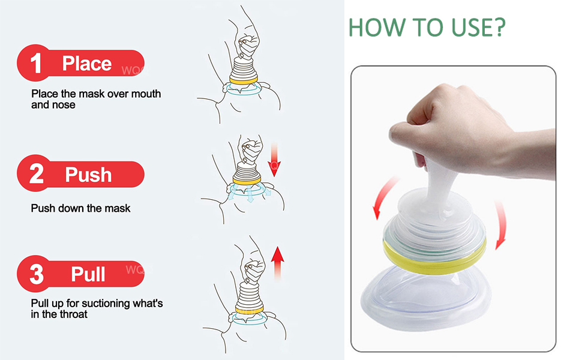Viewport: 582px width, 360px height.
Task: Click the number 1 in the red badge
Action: coord(36,64)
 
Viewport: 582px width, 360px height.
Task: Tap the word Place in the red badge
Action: coord(87,64)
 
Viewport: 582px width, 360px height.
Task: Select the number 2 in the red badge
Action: coord(37,174)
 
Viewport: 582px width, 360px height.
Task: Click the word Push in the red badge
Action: coord(88,175)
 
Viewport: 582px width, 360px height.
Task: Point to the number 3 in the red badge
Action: coord(37,274)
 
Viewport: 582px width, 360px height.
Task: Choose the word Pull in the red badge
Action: coord(88,274)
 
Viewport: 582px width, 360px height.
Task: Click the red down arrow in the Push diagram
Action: coord(274,159)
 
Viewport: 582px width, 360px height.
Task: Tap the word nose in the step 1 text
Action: coord(64,105)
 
